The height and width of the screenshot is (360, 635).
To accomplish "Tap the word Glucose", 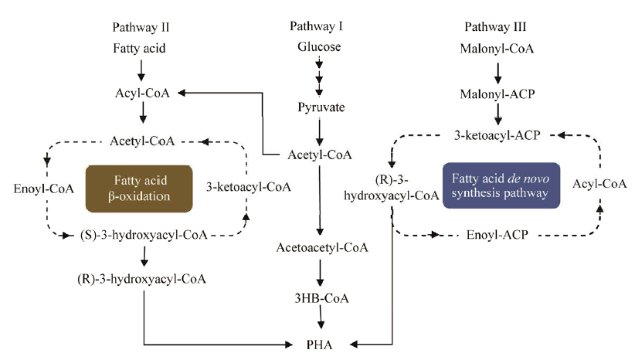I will coord(318,47).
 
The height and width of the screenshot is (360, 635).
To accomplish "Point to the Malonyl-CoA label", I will coord(497,47).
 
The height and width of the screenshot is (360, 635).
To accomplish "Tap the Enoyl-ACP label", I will coord(497,233).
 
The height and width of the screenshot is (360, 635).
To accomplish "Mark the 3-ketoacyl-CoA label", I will coord(248,188).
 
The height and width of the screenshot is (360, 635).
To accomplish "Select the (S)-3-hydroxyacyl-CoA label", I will coord(144,234).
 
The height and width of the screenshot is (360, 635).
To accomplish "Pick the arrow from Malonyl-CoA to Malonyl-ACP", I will coord(497,71).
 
